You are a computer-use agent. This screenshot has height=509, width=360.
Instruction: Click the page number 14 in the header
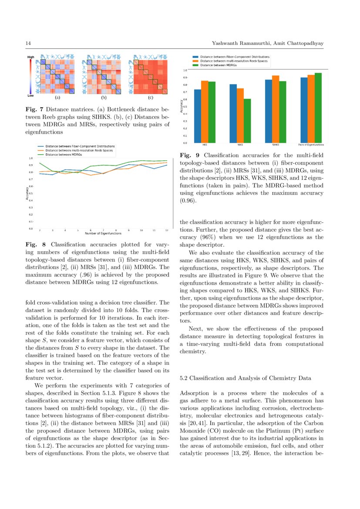coord(28,43)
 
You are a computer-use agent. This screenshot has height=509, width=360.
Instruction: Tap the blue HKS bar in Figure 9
coord(198,116)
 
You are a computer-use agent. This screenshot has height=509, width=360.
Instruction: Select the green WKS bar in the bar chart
coord(247,121)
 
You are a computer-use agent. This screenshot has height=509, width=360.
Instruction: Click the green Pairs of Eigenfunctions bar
coord(318,108)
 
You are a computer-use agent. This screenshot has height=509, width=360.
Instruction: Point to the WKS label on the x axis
coord(240,145)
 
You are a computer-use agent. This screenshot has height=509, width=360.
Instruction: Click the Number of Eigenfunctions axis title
coord(103,234)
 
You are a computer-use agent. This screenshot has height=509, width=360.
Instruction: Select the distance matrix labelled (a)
coord(58,74)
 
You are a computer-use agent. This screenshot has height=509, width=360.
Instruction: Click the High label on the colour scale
coord(31,57)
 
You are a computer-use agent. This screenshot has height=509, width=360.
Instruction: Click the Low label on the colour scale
coord(31,95)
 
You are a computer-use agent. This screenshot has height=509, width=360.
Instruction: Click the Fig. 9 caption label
coord(188,155)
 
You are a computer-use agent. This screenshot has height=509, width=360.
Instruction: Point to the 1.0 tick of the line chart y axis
coord(30,158)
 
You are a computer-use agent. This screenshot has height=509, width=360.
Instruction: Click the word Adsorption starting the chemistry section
coord(195,394)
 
